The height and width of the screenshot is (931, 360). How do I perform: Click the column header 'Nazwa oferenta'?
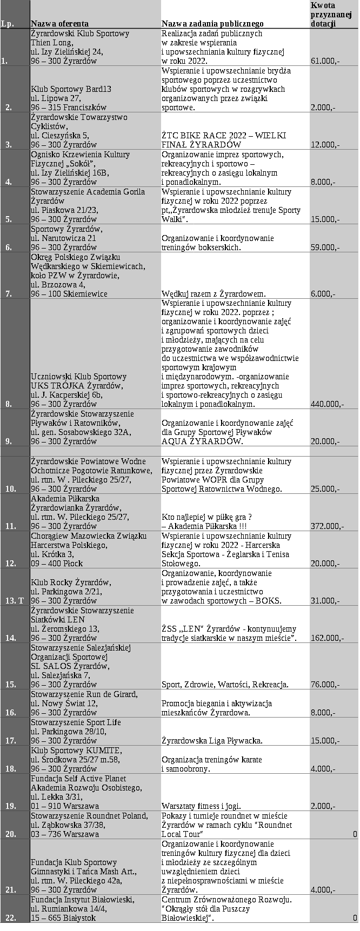(59, 24)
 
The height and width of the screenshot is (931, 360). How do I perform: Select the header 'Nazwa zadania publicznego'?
(212, 24)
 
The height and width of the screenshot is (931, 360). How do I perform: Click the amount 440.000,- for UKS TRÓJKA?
(328, 404)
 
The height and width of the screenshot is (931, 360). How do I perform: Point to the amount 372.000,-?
(328, 526)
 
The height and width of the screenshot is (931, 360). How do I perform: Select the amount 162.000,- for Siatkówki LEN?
(328, 638)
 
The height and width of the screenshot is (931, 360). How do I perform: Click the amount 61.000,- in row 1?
(325, 61)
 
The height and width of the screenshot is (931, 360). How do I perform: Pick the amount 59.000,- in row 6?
(325, 247)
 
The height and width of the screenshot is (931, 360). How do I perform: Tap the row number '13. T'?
(15, 600)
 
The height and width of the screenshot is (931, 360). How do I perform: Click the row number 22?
(11, 917)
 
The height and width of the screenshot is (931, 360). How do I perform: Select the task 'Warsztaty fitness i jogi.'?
(202, 806)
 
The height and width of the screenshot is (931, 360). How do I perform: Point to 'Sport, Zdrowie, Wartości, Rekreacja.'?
(225, 685)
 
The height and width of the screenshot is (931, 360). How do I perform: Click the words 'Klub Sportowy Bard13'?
(71, 89)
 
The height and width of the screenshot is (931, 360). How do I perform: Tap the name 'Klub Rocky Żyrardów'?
(71, 582)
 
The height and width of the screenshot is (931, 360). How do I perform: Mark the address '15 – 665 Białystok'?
(64, 917)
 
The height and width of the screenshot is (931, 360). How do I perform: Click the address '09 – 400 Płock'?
(57, 563)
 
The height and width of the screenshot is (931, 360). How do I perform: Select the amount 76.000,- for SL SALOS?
(325, 685)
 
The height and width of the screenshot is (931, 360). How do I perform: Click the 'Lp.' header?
(8, 24)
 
